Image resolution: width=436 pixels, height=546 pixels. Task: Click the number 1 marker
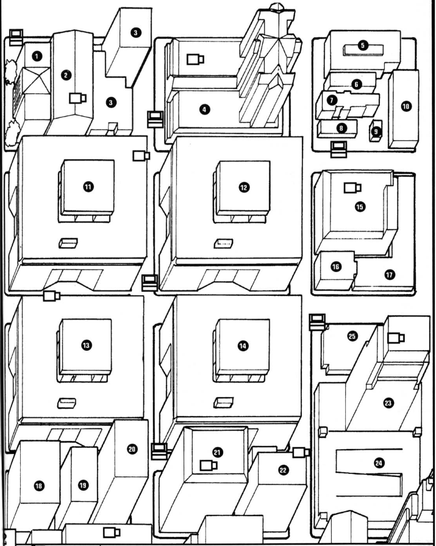38,56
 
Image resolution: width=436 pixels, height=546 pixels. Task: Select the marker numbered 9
376,131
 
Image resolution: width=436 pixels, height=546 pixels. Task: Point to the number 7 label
332,99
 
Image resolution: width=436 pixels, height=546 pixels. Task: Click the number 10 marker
406,106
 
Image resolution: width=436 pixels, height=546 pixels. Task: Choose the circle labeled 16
335,266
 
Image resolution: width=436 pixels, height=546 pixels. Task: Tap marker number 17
389,275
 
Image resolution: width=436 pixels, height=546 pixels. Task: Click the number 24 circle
379,464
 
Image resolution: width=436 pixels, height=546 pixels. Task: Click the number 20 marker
132,449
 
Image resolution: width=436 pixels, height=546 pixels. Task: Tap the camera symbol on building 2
78,98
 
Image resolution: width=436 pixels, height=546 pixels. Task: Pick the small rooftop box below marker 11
68,243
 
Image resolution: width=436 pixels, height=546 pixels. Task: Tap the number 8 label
340,128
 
